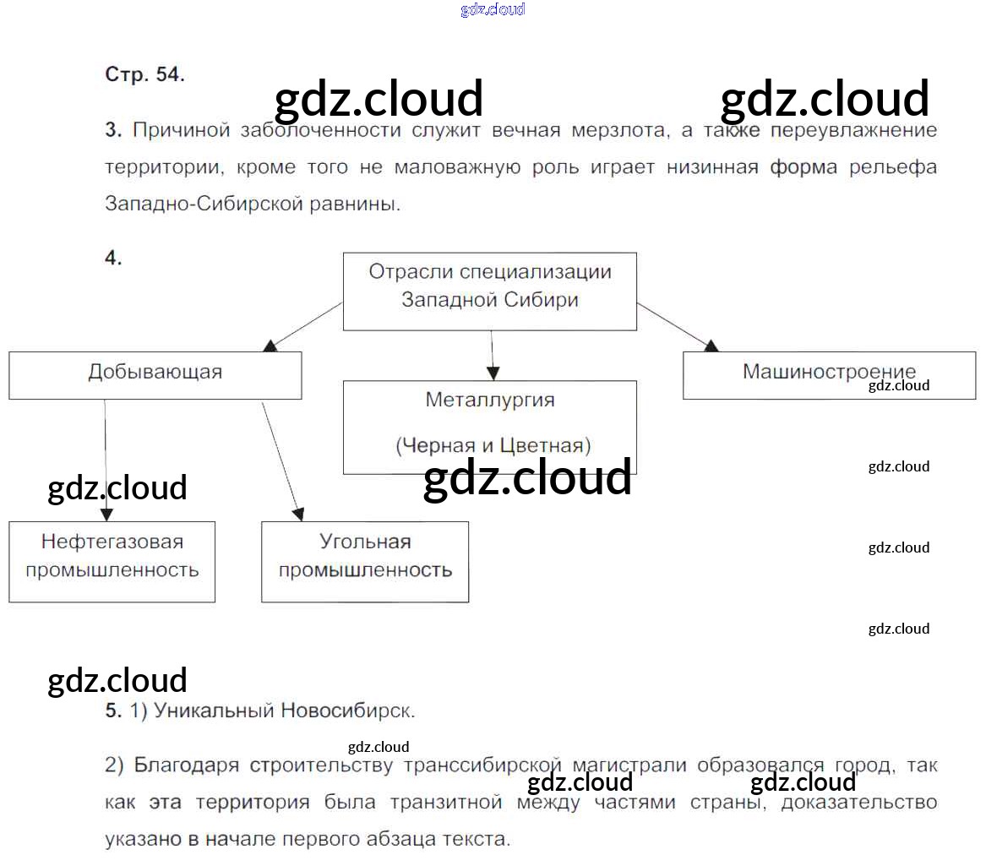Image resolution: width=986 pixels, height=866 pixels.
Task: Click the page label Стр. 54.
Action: tap(144, 74)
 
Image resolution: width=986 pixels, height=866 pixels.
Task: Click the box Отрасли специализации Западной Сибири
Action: tap(490, 291)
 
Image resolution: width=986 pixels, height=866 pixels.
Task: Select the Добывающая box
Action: tap(155, 375)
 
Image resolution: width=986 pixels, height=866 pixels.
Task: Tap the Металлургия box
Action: tap(490, 427)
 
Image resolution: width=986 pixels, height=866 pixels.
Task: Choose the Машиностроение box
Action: tap(829, 375)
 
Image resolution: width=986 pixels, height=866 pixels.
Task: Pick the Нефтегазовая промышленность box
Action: tap(112, 561)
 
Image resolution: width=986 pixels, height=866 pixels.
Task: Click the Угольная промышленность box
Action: tap(365, 561)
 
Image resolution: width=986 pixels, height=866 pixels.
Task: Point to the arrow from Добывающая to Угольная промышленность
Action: tap(281, 460)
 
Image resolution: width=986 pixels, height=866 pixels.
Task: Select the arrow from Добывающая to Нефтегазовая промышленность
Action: tap(106, 460)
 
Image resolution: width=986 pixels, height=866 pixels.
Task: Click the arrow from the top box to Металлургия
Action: tap(493, 355)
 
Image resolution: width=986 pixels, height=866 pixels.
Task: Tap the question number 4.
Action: tap(113, 259)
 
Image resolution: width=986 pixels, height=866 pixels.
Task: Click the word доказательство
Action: tap(858, 802)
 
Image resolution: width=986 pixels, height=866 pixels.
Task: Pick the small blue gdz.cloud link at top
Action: tap(493, 9)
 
